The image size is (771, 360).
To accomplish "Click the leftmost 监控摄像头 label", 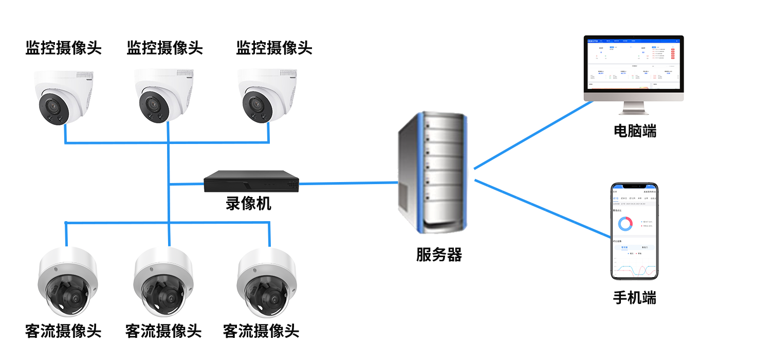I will pyautogui.click(x=63, y=48).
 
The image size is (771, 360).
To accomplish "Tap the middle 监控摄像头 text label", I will pyautogui.click(x=164, y=48).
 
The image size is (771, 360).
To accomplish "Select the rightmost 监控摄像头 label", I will pyautogui.click(x=274, y=48).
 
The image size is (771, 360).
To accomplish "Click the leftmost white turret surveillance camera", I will pyautogui.click(x=63, y=98).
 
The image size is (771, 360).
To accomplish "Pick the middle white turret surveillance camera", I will pyautogui.click(x=163, y=97).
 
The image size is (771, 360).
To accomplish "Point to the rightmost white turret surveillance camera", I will pyautogui.click(x=267, y=97).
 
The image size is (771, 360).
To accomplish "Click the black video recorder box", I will pyautogui.click(x=251, y=182).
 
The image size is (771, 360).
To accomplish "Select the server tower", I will pyautogui.click(x=432, y=172).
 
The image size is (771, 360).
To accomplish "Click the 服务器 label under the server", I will pyautogui.click(x=439, y=255).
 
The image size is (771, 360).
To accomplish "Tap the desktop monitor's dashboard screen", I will pyautogui.click(x=633, y=64).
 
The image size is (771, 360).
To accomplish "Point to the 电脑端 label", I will pyautogui.click(x=635, y=131).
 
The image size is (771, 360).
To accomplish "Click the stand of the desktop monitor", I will pyautogui.click(x=633, y=107).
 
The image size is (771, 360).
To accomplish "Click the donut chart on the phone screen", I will pyautogui.click(x=625, y=224).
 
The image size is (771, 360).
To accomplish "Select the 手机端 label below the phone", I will pyautogui.click(x=635, y=298).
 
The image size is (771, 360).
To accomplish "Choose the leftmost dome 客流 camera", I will pyautogui.click(x=68, y=282).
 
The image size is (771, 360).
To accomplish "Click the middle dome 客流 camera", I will pyautogui.click(x=163, y=282).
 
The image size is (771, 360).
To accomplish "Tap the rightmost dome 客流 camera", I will pyautogui.click(x=266, y=282).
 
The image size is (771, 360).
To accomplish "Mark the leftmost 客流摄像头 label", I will pyautogui.click(x=63, y=331).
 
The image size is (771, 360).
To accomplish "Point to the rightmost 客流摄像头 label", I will pyautogui.click(x=261, y=331).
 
